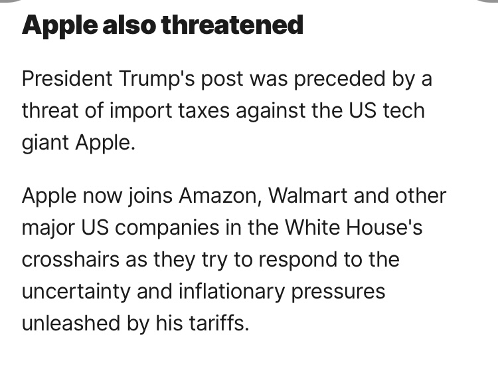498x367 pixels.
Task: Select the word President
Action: coord(66,79)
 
